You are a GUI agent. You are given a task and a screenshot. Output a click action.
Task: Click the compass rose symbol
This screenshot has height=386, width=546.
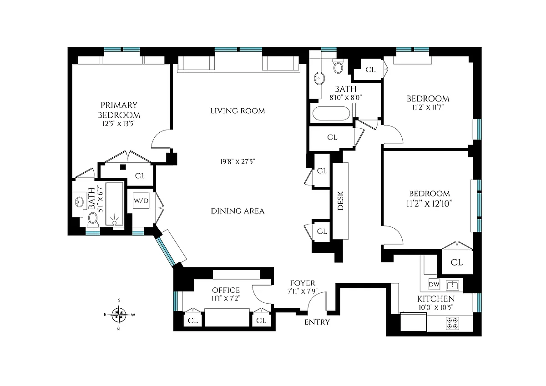click(x=119, y=315)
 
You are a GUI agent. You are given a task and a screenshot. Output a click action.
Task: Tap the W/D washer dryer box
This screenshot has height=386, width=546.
click(x=141, y=201)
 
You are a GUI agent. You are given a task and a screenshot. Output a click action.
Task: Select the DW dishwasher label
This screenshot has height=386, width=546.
click(x=434, y=284)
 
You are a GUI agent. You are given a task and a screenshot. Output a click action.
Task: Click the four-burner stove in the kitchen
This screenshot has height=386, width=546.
click(x=452, y=323)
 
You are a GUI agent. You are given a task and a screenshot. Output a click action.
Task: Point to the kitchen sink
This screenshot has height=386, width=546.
click(x=452, y=285)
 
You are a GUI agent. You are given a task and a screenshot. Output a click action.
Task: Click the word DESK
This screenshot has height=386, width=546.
click(x=340, y=201)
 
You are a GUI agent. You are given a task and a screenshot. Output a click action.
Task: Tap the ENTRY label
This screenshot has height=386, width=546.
click(x=317, y=322)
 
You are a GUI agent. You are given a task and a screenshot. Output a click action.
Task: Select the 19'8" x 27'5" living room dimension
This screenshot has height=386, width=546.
click(x=238, y=161)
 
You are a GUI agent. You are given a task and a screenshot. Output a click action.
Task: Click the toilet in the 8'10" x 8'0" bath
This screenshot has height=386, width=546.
click(x=338, y=66)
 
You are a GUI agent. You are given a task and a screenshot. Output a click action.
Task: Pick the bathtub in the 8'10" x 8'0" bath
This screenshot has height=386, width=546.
click(x=331, y=113)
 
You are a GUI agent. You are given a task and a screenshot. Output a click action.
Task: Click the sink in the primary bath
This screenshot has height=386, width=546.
click(x=79, y=202)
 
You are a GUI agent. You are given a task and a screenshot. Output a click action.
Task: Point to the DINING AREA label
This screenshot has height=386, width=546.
click(x=238, y=211)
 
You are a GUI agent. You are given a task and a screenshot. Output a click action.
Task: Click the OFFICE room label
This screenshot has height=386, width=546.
click(x=226, y=290)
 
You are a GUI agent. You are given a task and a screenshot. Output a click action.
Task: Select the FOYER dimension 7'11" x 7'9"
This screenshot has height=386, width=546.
click(x=303, y=291)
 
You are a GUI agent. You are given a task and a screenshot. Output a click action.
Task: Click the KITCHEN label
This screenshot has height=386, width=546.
click(x=436, y=299)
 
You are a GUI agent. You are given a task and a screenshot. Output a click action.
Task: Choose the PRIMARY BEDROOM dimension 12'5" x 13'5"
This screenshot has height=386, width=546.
click(x=119, y=124)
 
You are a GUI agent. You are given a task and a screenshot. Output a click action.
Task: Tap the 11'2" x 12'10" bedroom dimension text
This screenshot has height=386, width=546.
click(x=430, y=203)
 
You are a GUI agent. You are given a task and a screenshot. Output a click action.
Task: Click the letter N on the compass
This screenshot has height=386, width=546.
click(x=118, y=329)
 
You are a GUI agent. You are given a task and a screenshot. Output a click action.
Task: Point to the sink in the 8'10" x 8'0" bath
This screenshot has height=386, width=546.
click(x=319, y=78)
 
